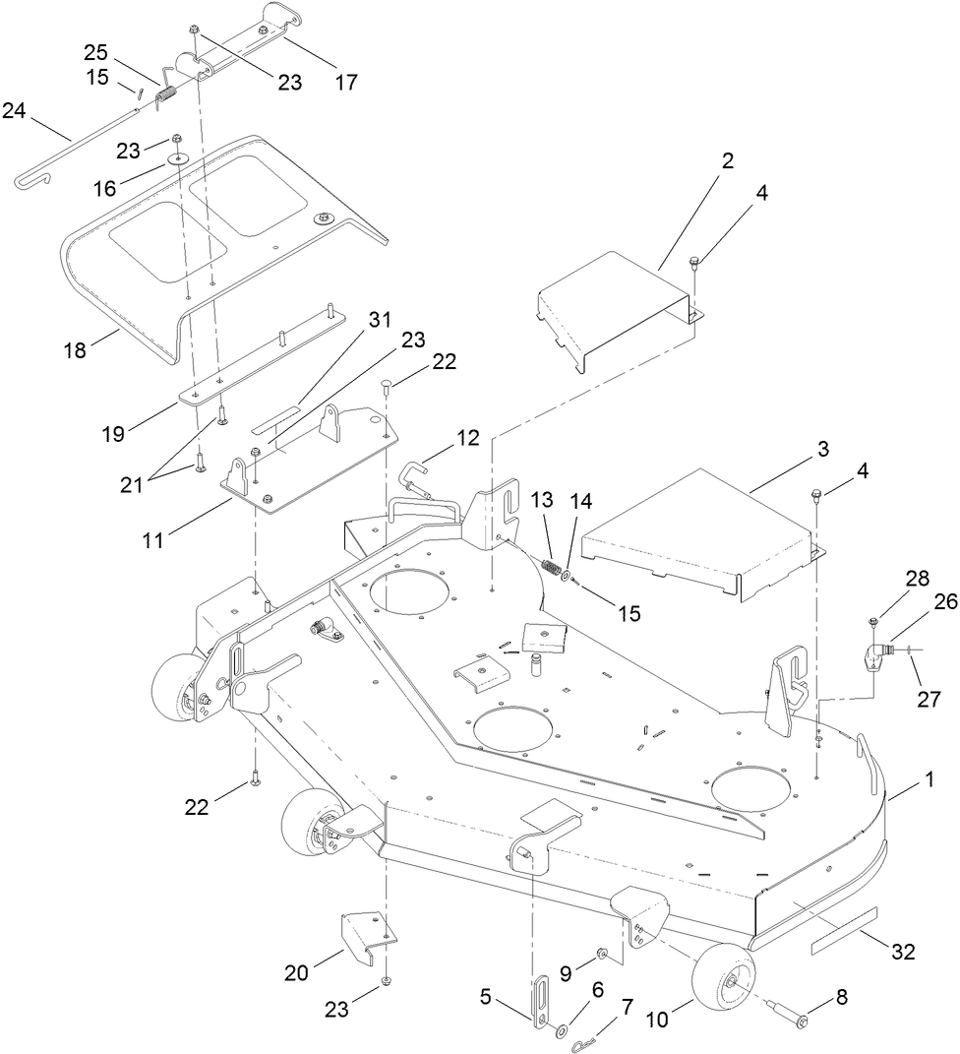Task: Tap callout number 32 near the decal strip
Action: [x=902, y=952]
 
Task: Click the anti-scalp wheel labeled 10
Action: [x=725, y=979]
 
